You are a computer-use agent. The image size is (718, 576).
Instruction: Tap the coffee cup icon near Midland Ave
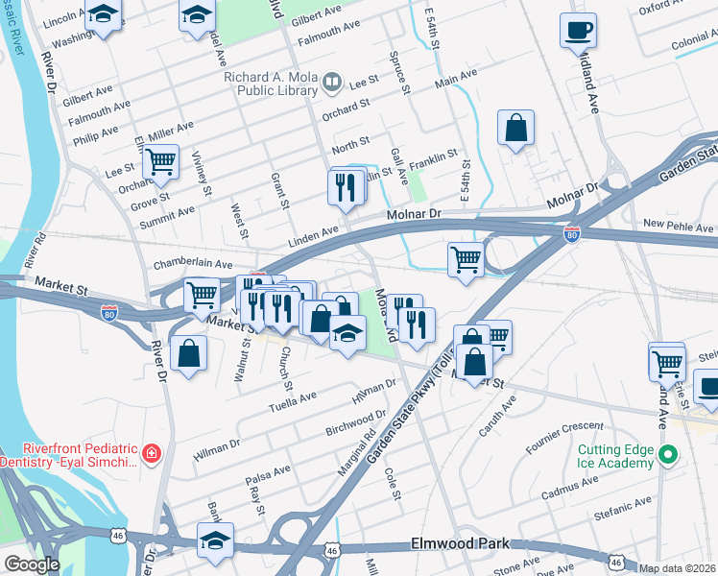pyautogui.click(x=578, y=31)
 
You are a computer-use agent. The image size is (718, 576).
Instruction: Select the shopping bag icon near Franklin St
pyautogui.click(x=515, y=128)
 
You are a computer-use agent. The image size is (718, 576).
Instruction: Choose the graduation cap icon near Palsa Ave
pyautogui.click(x=215, y=540)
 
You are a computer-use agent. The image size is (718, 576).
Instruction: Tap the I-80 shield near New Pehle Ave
pyautogui.click(x=571, y=233)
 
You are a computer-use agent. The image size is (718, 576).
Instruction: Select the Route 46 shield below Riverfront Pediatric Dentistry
pyautogui.click(x=116, y=533)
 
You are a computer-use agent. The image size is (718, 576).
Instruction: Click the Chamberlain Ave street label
pyautogui.click(x=193, y=263)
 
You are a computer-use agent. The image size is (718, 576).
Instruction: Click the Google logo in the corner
pyautogui.click(x=32, y=564)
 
